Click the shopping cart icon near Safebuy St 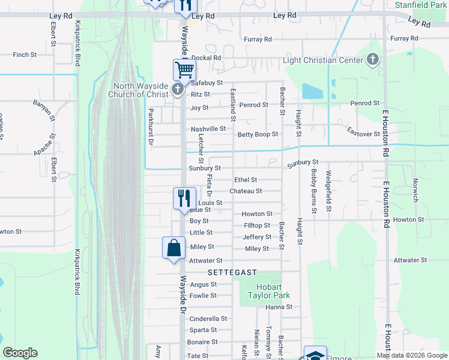coord(184,69)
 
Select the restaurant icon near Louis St coord(184,198)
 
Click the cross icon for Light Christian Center coord(373,59)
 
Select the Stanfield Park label coord(421,4)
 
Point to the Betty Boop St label coord(258,135)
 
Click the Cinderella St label coord(208,319)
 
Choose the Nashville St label coord(208,129)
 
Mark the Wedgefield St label coord(328,191)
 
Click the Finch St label coord(25,55)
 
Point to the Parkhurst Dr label coord(151,127)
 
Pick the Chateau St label coord(246,191)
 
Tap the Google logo coord(20,353)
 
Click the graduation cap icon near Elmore coord(315,354)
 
